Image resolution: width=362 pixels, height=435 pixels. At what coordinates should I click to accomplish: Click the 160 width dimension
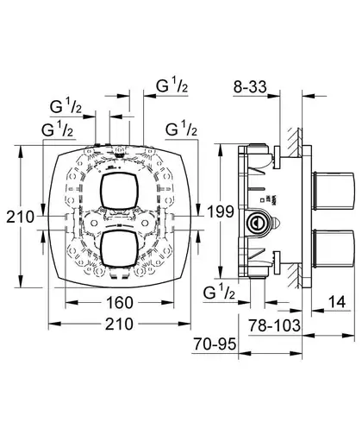pyautogui.click(x=120, y=303)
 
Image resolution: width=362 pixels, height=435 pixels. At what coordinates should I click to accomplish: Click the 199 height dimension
pyautogui.click(x=221, y=211)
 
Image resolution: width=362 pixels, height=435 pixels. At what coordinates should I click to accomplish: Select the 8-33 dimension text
pyautogui.click(x=250, y=86)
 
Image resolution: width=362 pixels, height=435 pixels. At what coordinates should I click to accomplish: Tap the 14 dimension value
pyautogui.click(x=337, y=302)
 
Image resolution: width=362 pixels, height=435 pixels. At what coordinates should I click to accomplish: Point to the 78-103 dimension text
pyautogui.click(x=275, y=325)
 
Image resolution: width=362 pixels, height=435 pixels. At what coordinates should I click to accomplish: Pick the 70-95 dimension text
pyautogui.click(x=215, y=344)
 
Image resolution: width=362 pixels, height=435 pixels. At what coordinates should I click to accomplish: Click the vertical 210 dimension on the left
pyautogui.click(x=20, y=217)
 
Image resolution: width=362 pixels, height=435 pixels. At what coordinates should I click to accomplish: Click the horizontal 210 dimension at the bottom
pyautogui.click(x=120, y=324)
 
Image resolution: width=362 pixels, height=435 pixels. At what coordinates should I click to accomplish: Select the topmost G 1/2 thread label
pyautogui.click(x=172, y=85)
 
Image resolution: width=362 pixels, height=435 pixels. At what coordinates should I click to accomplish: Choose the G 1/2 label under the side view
pyautogui.click(x=219, y=293)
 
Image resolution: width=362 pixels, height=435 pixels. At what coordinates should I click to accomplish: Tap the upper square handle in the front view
pyautogui.click(x=120, y=191)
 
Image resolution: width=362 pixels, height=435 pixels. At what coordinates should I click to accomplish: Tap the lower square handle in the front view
pyautogui.click(x=120, y=247)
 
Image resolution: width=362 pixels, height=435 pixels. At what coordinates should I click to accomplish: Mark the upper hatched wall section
pyautogui.click(x=295, y=143)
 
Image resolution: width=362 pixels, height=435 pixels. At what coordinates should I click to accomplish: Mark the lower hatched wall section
pyautogui.click(x=295, y=275)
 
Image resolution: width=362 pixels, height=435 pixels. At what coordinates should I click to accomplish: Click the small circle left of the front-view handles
pyautogui.click(x=93, y=223)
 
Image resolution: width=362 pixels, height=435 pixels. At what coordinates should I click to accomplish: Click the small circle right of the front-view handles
pyautogui.click(x=146, y=223)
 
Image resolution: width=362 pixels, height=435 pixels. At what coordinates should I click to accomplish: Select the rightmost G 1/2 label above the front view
pyautogui.click(x=181, y=129)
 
